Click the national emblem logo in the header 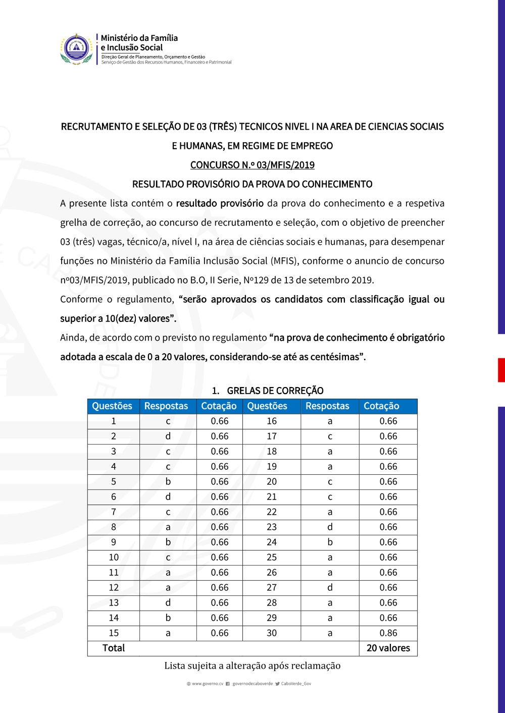tap(77, 49)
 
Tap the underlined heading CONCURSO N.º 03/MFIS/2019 tap(252, 165)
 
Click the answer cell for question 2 tap(168, 436)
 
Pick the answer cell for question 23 tap(330, 527)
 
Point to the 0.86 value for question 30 tap(388, 633)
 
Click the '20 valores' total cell tap(388, 648)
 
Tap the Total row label tap(114, 648)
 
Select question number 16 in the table tap(272, 421)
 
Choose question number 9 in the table tap(114, 542)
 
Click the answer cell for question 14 tap(168, 618)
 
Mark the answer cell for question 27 tap(330, 588)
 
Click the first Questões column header tap(112, 406)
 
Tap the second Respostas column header tap(327, 406)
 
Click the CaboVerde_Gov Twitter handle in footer tap(296, 684)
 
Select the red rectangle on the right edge tap(501, 370)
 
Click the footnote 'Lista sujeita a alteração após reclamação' tap(252, 666)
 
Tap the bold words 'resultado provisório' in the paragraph tap(220, 203)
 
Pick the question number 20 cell tap(272, 482)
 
